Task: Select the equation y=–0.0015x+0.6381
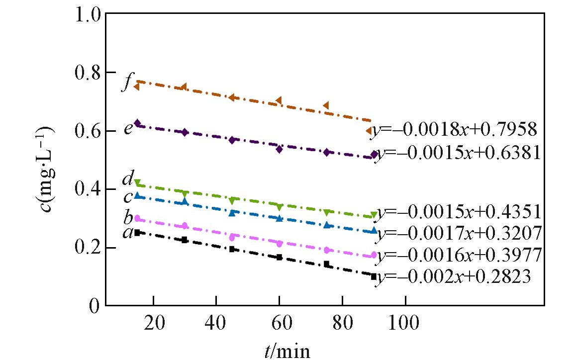[x=457, y=154]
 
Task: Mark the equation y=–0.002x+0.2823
[x=452, y=276]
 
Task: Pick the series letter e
[x=128, y=128]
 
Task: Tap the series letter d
[x=128, y=178]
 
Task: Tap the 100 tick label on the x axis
[x=405, y=323]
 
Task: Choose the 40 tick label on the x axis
[x=216, y=323]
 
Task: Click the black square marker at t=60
[x=279, y=257]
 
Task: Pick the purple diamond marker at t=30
[x=185, y=132]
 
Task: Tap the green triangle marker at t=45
[x=232, y=200]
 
